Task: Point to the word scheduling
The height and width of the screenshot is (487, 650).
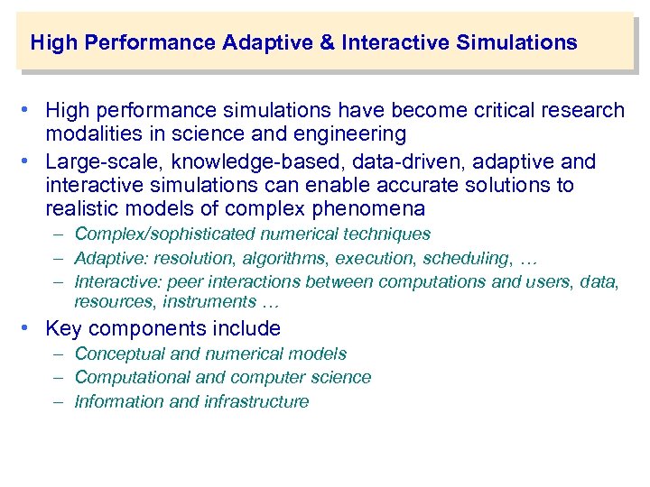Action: (464, 259)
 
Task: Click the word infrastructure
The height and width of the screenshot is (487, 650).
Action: (255, 402)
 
